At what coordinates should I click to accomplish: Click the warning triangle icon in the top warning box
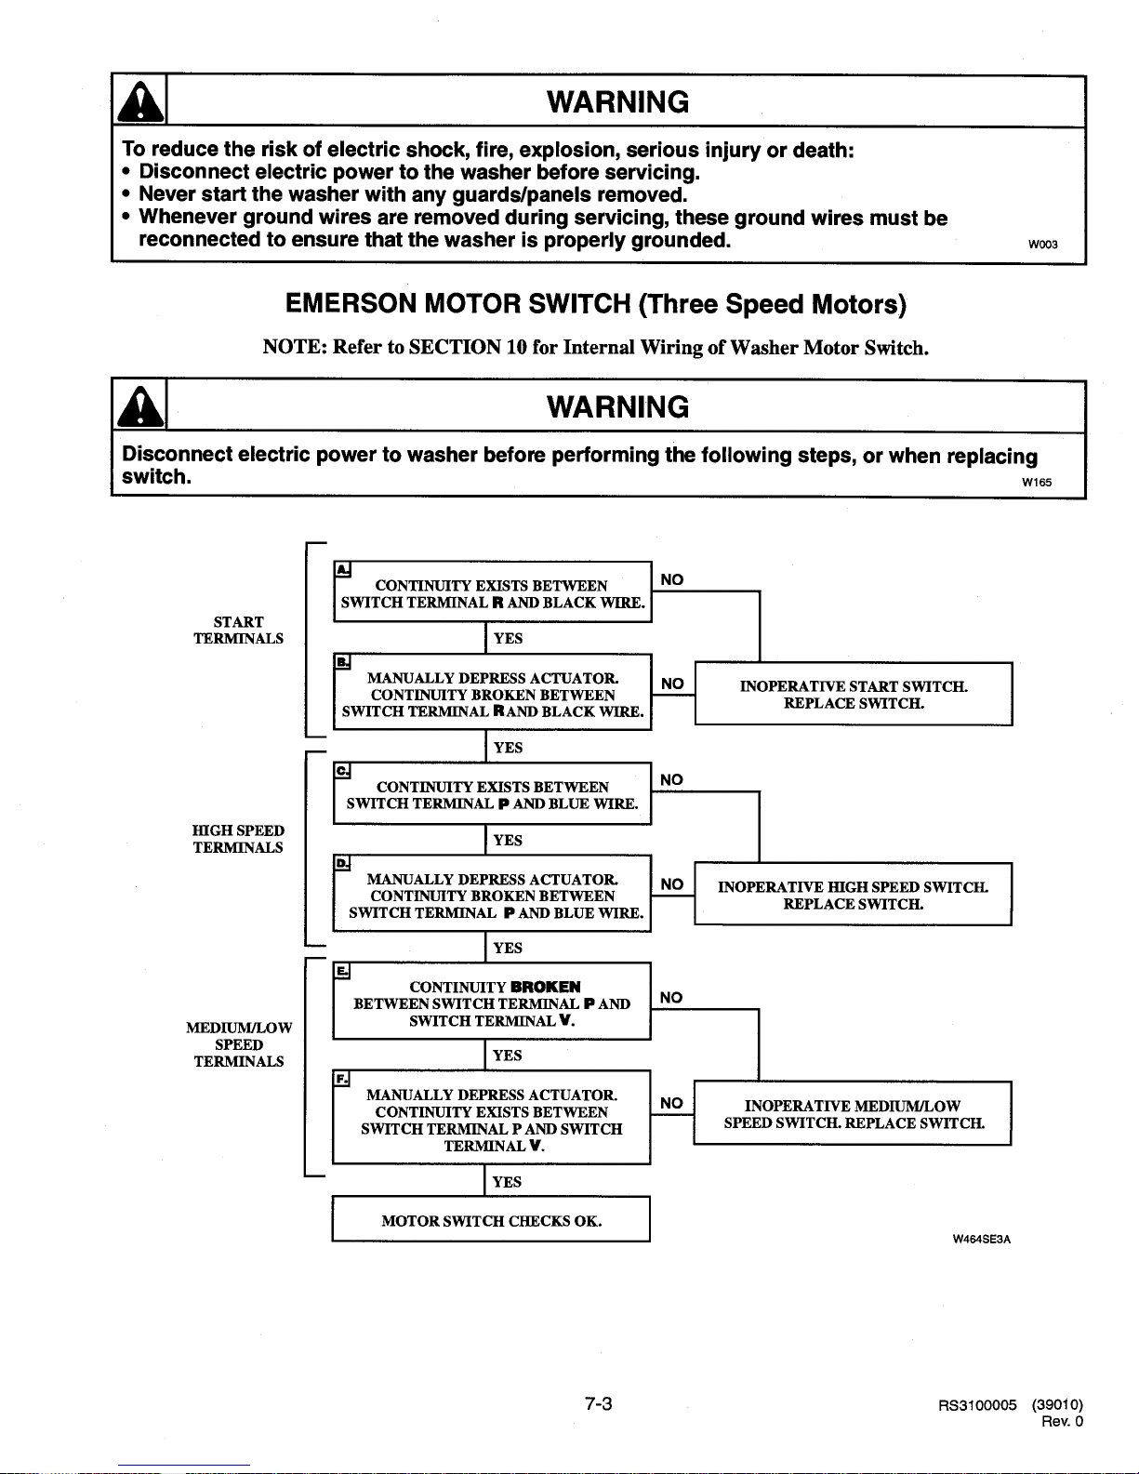tap(140, 101)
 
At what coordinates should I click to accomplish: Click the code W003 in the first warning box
tap(1042, 245)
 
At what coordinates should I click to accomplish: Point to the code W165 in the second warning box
tap(1037, 483)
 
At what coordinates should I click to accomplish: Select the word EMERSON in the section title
tap(351, 303)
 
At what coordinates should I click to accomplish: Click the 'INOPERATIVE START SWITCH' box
tap(854, 694)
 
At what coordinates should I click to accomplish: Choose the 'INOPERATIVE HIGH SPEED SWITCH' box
tap(853, 894)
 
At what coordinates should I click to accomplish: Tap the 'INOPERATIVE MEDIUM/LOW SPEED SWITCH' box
tap(853, 1113)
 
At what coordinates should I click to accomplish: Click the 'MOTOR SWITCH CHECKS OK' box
tap(491, 1219)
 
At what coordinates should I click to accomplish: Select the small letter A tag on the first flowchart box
tap(343, 570)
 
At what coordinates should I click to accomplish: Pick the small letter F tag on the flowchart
tap(342, 1079)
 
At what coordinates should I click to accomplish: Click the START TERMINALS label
tap(239, 631)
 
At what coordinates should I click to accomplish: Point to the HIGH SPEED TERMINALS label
tap(238, 839)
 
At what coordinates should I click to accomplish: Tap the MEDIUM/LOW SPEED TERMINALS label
tap(239, 1044)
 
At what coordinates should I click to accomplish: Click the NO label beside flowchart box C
tap(671, 780)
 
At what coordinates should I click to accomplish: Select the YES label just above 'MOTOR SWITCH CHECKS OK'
tap(507, 1182)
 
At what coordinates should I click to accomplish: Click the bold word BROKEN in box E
tap(546, 987)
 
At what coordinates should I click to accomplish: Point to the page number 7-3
tap(599, 1403)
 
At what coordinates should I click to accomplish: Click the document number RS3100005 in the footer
tap(977, 1405)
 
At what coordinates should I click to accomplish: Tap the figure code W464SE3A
tap(982, 1240)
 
